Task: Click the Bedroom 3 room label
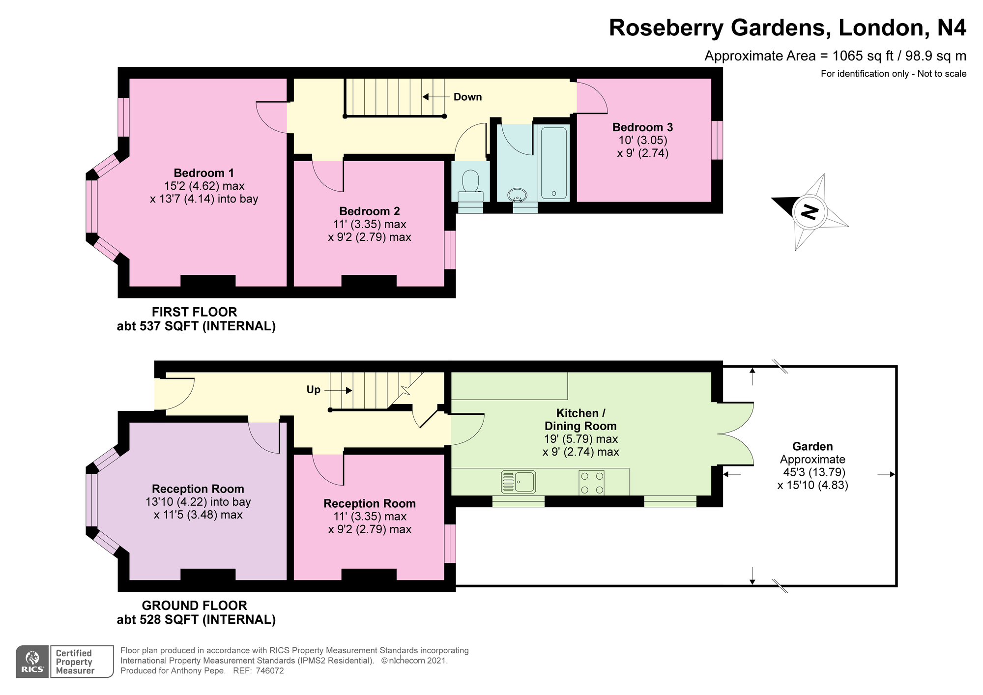[642, 127]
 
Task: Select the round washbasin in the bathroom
[517, 195]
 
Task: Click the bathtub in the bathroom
[554, 162]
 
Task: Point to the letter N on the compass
[809, 212]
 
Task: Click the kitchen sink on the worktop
[518, 482]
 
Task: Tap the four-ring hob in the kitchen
[592, 482]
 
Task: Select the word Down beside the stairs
[467, 97]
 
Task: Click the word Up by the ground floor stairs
[314, 390]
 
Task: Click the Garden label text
[812, 446]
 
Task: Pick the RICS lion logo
[32, 662]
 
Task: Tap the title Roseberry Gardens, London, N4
[787, 28]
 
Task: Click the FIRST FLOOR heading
[194, 312]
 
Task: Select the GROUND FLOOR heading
[194, 606]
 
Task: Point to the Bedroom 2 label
[370, 211]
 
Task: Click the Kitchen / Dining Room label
[580, 419]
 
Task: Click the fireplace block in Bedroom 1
[208, 281]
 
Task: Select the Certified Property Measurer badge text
[75, 662]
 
